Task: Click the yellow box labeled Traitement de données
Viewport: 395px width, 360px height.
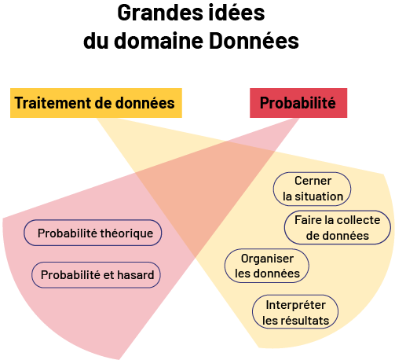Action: tap(96, 103)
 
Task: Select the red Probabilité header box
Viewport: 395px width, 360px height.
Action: tap(298, 103)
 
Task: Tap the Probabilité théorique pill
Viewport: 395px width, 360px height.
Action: tap(93, 233)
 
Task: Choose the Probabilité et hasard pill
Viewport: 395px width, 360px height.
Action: tap(96, 275)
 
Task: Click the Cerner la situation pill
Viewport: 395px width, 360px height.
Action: tap(312, 189)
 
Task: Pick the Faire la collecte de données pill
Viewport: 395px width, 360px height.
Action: tap(338, 227)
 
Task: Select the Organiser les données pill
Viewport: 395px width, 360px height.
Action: tap(267, 266)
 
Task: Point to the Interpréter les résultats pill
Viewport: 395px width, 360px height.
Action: tap(295, 312)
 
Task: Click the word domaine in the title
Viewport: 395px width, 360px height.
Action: tap(159, 41)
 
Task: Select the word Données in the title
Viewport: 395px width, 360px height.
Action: tap(254, 41)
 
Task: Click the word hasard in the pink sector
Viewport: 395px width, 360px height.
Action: tap(136, 275)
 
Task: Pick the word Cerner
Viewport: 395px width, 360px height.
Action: tap(313, 181)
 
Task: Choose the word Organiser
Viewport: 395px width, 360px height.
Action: tap(267, 259)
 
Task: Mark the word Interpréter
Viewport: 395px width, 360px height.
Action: tap(296, 305)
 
